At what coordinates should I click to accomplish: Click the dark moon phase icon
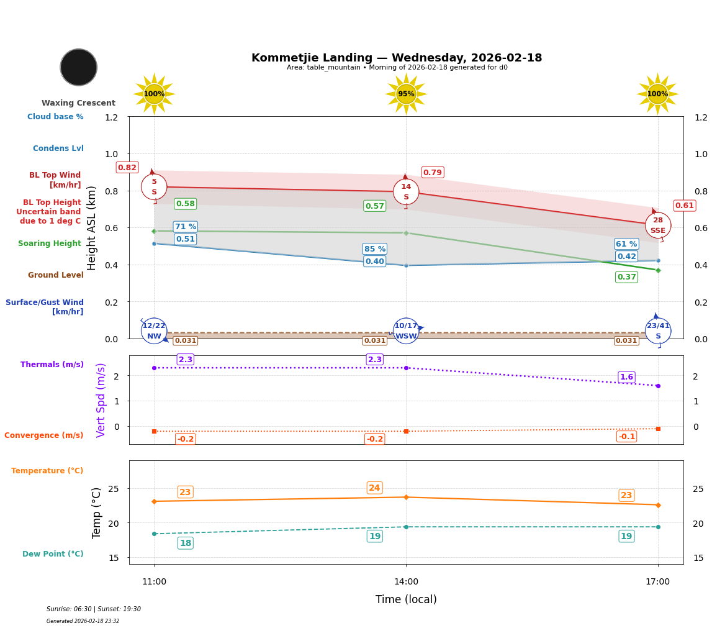tap(79, 67)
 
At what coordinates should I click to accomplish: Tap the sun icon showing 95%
tap(406, 94)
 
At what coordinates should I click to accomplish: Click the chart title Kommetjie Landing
tap(396, 58)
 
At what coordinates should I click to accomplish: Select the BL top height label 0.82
tap(127, 168)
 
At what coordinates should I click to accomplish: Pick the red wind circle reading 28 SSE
tap(657, 225)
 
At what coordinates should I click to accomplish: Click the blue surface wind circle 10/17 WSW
tap(406, 331)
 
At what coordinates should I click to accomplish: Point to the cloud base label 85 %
tap(374, 249)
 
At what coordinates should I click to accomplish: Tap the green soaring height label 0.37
tap(626, 277)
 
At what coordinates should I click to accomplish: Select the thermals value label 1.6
tap(626, 377)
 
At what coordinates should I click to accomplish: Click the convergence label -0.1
tap(626, 437)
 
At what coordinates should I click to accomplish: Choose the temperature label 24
tap(374, 488)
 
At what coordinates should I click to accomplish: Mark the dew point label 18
tap(185, 544)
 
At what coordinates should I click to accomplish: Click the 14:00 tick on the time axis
tap(406, 582)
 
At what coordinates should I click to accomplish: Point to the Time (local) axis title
tap(406, 599)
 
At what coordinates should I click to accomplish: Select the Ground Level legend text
tap(55, 275)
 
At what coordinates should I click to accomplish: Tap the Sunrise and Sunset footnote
tap(94, 609)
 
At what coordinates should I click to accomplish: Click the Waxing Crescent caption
tap(78, 103)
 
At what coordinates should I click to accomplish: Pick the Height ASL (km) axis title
tap(92, 228)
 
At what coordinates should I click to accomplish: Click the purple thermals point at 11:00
tap(154, 368)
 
